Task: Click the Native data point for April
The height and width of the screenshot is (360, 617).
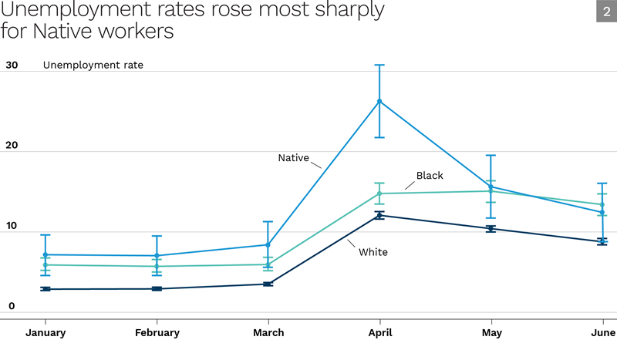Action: [379, 101]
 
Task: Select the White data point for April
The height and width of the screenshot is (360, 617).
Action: [379, 215]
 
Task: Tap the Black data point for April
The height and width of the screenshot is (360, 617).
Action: [379, 193]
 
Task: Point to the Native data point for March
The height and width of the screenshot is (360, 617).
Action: [268, 244]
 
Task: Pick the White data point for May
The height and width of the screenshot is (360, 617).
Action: [491, 228]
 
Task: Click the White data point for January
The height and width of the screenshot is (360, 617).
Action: [46, 289]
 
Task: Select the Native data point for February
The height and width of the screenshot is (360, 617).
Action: [157, 255]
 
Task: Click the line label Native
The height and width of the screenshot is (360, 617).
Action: [293, 158]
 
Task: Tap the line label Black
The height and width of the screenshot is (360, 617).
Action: [430, 176]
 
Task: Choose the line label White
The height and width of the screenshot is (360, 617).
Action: [373, 252]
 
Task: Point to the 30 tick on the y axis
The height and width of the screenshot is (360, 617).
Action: [12, 66]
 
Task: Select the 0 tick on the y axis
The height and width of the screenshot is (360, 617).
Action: [12, 306]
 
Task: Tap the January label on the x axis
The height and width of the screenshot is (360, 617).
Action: [46, 333]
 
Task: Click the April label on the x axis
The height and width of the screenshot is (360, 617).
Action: [379, 333]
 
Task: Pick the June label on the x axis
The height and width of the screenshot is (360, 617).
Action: [602, 333]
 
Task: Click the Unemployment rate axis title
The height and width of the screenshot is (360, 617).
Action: [93, 66]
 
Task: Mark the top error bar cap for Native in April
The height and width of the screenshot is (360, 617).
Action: [379, 65]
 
